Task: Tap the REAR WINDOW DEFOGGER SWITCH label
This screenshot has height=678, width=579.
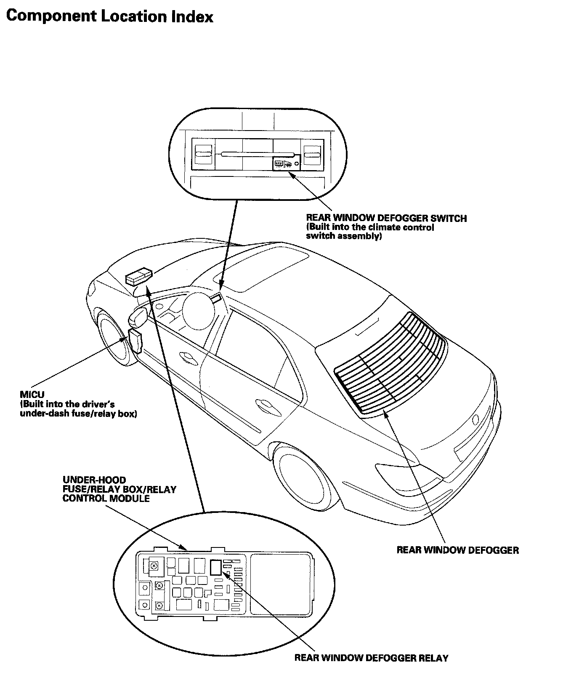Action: tap(386, 218)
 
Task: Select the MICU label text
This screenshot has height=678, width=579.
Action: tap(32, 395)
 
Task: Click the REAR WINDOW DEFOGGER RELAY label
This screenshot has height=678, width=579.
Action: tap(371, 658)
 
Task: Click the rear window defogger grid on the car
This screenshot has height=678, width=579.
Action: tap(390, 362)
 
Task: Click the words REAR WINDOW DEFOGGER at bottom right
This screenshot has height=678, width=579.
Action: tap(458, 550)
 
